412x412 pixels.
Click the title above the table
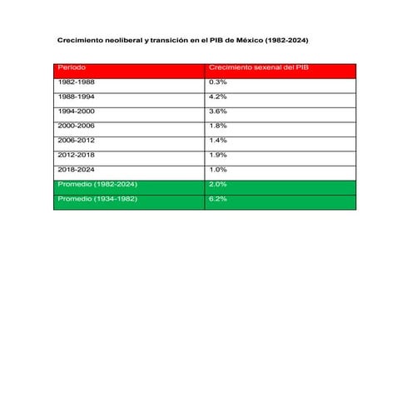[187, 40]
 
